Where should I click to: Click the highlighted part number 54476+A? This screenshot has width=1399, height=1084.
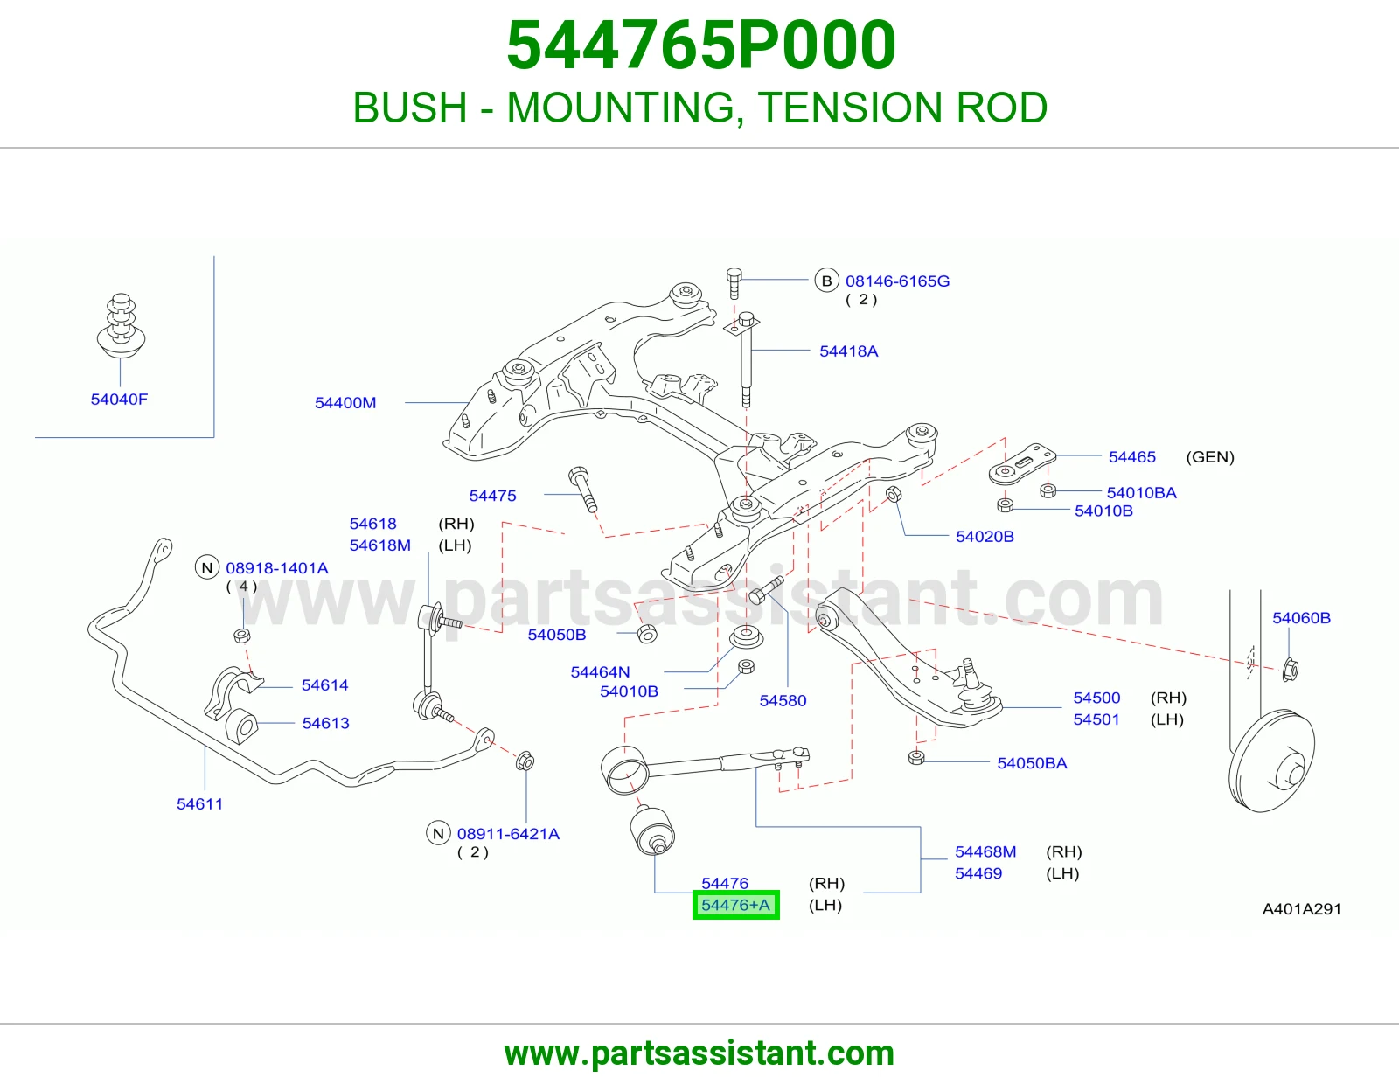735,905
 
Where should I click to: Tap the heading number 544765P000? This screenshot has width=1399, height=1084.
700,45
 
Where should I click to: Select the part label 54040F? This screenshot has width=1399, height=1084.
119,400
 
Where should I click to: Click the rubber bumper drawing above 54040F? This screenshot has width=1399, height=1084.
121,326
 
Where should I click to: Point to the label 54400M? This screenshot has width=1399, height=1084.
345,403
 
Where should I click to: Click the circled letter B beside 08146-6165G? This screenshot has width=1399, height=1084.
826,281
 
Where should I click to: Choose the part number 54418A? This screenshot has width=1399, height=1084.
848,351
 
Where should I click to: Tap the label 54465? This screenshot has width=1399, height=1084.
1131,457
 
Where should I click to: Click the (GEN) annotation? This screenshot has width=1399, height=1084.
1210,457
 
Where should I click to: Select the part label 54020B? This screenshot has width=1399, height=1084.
985,536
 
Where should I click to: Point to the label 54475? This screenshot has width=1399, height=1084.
492,496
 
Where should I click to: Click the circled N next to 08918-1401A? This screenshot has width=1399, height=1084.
207,567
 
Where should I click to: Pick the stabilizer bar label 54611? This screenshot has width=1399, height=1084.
199,804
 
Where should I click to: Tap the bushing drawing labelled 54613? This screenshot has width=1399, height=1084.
241,726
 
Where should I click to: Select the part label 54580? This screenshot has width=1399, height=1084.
783,700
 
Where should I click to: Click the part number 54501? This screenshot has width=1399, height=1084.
1096,719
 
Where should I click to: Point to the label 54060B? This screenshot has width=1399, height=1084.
1301,618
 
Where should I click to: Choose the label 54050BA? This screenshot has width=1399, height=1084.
1032,763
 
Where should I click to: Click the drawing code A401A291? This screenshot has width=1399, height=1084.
1301,909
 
